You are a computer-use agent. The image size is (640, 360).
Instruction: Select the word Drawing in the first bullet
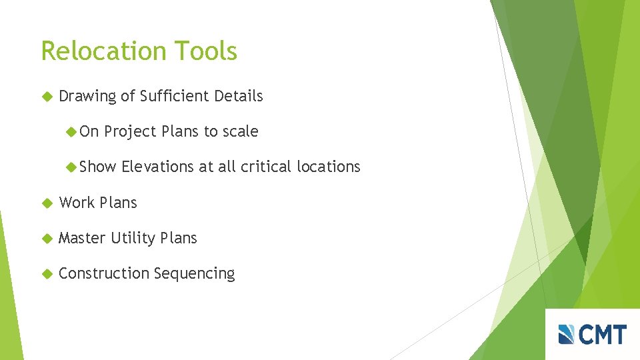click(87, 97)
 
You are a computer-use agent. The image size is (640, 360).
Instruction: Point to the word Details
click(238, 96)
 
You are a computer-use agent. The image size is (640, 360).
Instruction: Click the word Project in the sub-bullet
click(131, 132)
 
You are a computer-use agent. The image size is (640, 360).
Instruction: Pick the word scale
click(240, 131)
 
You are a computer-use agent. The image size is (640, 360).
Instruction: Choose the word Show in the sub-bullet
click(97, 167)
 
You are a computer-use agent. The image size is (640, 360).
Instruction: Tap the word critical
click(267, 167)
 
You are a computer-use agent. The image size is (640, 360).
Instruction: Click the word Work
click(77, 203)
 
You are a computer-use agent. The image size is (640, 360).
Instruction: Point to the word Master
click(82, 238)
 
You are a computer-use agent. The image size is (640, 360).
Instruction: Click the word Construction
click(104, 273)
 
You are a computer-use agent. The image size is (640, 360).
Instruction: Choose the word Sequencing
click(194, 274)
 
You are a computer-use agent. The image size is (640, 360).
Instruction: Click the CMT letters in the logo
click(603, 334)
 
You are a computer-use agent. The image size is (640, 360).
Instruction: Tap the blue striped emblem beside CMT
click(567, 334)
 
